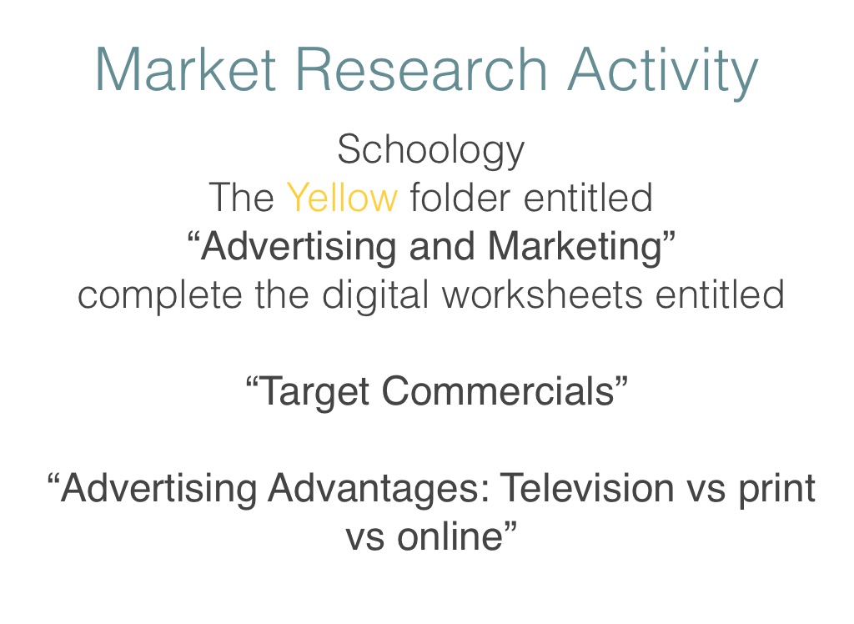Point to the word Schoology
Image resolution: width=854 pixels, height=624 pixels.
pyautogui.click(x=431, y=150)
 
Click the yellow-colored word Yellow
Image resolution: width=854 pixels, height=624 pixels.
pyautogui.click(x=342, y=197)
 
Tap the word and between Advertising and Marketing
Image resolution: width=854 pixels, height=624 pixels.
pyautogui.click(x=442, y=246)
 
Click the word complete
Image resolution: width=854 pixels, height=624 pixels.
pyautogui.click(x=159, y=296)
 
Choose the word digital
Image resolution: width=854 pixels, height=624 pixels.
pyautogui.click(x=375, y=296)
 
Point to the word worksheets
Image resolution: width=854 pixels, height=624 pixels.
pyautogui.click(x=542, y=294)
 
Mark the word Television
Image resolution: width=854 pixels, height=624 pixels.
pyautogui.click(x=587, y=487)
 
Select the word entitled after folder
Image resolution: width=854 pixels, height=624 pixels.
pyautogui.click(x=588, y=197)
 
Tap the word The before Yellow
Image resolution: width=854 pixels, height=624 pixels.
pyautogui.click(x=241, y=197)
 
